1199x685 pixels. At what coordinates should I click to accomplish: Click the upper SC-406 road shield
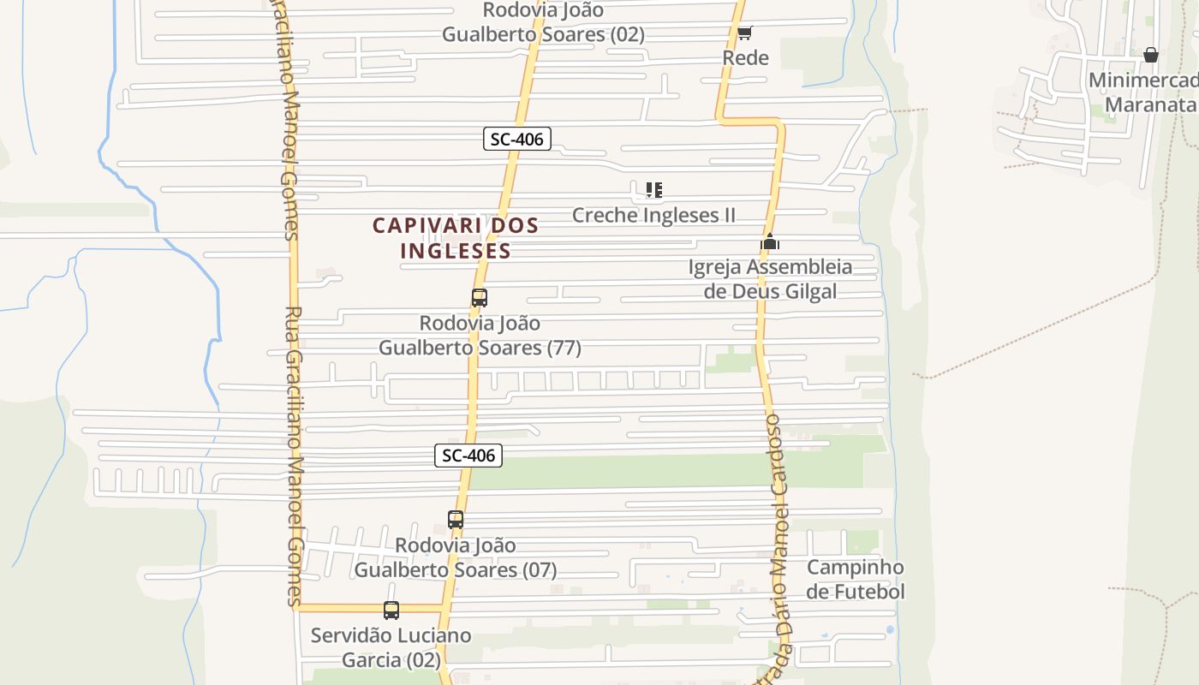(516, 139)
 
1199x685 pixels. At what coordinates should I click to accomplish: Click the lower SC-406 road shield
(468, 456)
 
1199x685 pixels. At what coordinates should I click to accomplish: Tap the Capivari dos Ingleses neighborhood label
(455, 238)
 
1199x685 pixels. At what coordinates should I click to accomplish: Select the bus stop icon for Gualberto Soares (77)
(480, 298)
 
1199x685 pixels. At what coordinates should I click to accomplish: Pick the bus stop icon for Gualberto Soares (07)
(456, 519)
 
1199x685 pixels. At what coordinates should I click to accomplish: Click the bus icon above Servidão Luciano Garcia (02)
(391, 611)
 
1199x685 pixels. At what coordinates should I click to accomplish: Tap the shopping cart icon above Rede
(744, 33)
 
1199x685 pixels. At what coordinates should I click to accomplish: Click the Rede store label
(745, 57)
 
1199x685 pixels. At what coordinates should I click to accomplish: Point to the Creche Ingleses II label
(653, 215)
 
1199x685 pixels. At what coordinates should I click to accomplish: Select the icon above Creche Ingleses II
(654, 189)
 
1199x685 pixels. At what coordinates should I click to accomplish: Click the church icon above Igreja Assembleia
(770, 242)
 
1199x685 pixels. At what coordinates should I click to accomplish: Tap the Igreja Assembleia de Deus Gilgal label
(770, 279)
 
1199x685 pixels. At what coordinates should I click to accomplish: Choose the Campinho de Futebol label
(855, 579)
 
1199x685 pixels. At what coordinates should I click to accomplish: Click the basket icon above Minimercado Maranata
(1150, 55)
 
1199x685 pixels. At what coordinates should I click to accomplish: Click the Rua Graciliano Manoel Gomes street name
(293, 454)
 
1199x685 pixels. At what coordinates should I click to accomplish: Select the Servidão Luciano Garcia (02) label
(391, 647)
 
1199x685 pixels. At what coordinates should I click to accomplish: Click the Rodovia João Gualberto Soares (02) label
(543, 22)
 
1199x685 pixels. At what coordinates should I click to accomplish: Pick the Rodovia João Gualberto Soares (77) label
(480, 336)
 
